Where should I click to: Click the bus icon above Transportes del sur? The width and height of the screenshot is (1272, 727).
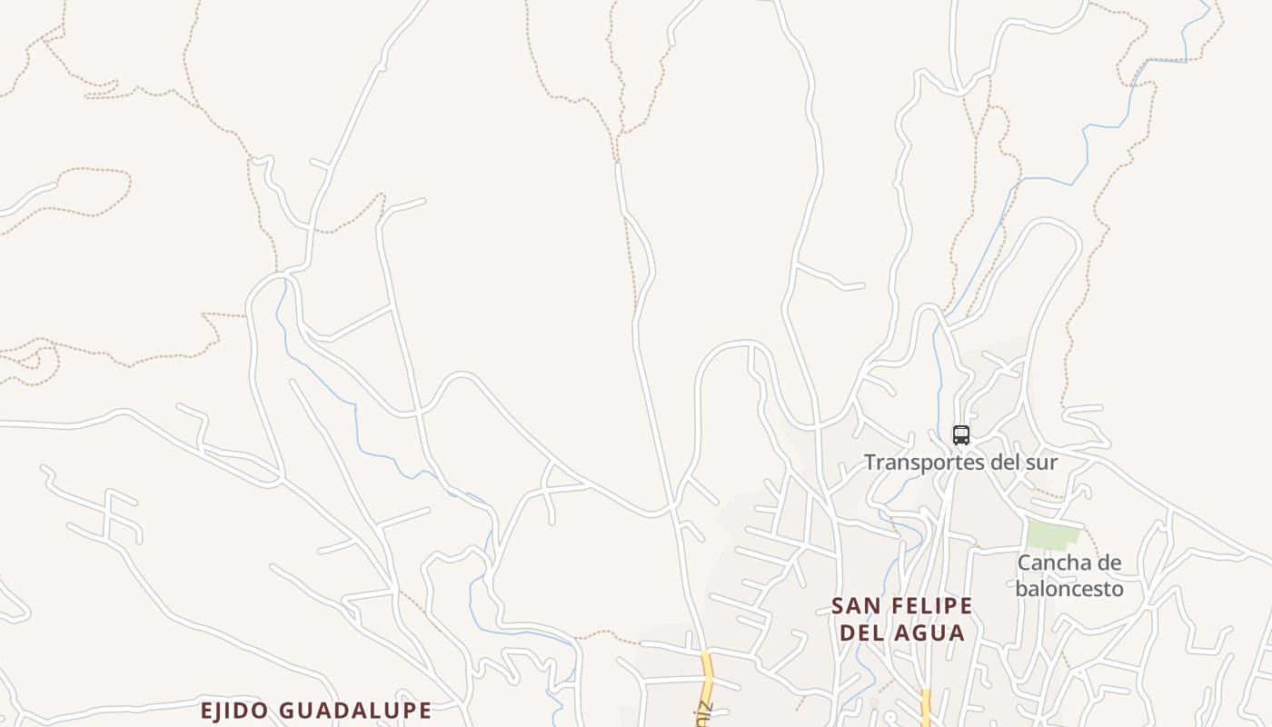[961, 435]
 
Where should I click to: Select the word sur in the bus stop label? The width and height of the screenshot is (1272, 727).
[1043, 463]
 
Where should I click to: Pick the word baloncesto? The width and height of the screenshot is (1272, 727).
[1069, 589]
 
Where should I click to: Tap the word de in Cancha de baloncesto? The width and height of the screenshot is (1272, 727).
[1108, 563]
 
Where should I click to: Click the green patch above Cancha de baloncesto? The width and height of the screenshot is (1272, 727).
[1053, 535]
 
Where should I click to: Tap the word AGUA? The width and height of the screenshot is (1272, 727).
[932, 632]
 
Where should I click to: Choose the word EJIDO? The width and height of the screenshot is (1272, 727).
[234, 710]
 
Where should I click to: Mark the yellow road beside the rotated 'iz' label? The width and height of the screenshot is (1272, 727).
[707, 668]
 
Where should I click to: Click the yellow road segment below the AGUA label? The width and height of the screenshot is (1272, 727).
[926, 707]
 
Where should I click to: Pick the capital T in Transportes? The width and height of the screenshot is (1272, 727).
[870, 463]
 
